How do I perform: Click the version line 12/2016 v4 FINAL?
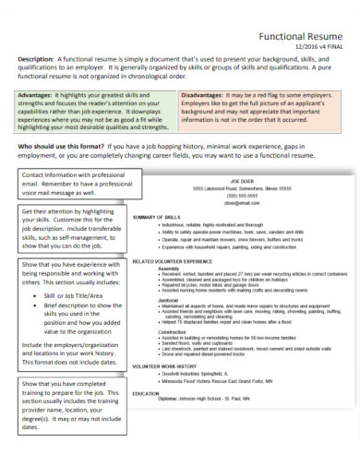[318, 47]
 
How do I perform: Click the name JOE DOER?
[241, 183]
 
